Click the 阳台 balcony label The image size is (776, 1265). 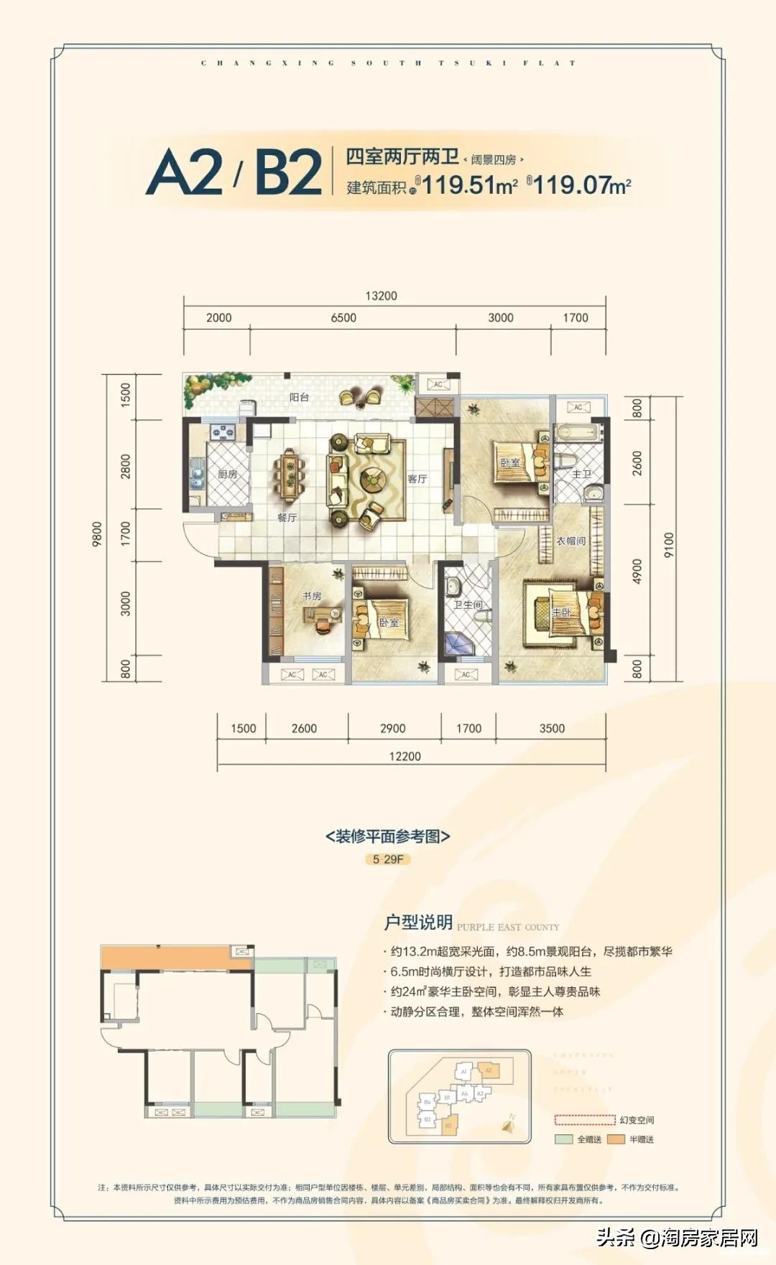pyautogui.click(x=300, y=397)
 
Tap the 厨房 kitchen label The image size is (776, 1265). pyautogui.click(x=227, y=475)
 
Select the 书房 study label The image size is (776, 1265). pyautogui.click(x=312, y=596)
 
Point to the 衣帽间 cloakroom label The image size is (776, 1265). pyautogui.click(x=571, y=541)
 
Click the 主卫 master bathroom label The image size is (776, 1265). pyautogui.click(x=581, y=475)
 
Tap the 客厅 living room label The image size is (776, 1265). pyautogui.click(x=417, y=479)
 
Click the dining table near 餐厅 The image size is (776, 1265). pyautogui.click(x=289, y=475)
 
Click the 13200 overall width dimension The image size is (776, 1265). pyautogui.click(x=381, y=296)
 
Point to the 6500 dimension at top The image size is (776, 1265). pyautogui.click(x=343, y=318)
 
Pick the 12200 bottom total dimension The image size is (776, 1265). pyautogui.click(x=405, y=757)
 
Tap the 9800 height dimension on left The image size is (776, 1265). pyautogui.click(x=98, y=534)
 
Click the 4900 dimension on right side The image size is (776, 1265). pyautogui.click(x=637, y=571)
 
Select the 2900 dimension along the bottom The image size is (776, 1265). pyautogui.click(x=392, y=729)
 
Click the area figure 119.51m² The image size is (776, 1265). pyautogui.click(x=469, y=185)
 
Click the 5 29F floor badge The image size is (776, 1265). pyautogui.click(x=388, y=859)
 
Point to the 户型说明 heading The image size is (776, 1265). pyautogui.click(x=418, y=923)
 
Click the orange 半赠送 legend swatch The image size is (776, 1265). pyautogui.click(x=616, y=1139)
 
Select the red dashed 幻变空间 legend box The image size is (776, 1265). pyautogui.click(x=584, y=1120)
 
